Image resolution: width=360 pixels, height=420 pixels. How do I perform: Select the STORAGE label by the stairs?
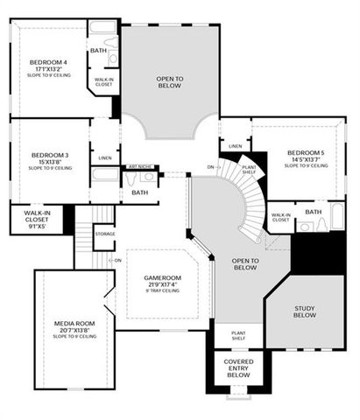(x=105, y=234)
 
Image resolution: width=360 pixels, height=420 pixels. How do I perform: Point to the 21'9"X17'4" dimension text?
(x=162, y=283)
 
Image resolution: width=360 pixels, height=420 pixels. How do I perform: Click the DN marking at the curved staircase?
(x=210, y=166)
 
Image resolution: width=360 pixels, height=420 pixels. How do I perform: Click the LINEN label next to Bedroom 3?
(x=105, y=157)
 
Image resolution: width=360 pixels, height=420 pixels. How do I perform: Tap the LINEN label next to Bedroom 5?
(x=235, y=145)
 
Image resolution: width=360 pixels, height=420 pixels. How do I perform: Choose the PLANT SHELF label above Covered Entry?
(x=238, y=335)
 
